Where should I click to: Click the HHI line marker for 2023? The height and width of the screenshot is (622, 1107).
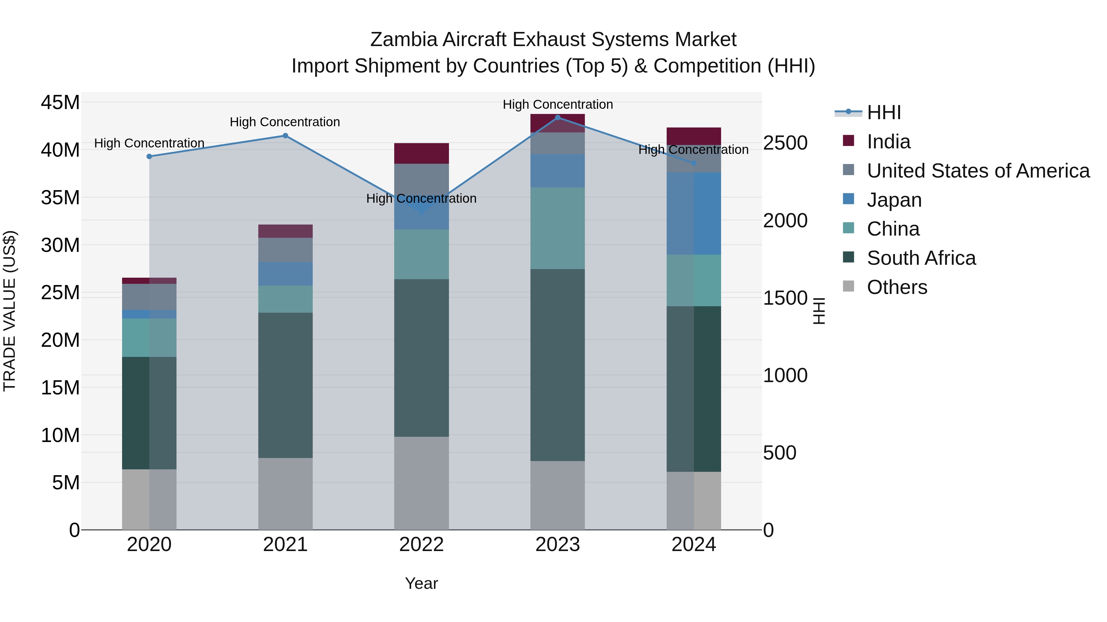(x=557, y=117)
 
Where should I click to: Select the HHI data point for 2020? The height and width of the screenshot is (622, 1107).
(x=149, y=156)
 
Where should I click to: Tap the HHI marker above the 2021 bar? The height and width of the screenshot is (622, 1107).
(x=285, y=136)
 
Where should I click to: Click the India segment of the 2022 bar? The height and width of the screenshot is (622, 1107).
(x=421, y=153)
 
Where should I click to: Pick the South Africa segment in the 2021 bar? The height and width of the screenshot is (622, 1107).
(x=285, y=385)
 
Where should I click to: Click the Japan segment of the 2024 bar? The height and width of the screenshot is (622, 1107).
(x=694, y=213)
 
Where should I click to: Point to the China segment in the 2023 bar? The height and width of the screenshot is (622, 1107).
(x=557, y=228)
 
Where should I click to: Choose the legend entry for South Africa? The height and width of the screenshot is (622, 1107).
(x=921, y=258)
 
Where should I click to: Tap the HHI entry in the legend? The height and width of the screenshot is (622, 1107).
(x=883, y=112)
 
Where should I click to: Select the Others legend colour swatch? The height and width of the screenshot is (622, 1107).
(x=848, y=286)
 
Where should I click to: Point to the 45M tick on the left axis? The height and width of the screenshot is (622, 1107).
(x=60, y=103)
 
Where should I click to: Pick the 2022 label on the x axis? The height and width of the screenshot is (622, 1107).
(x=421, y=545)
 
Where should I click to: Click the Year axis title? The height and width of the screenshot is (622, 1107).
(x=421, y=583)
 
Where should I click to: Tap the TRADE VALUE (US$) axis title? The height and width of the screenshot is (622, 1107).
(x=10, y=311)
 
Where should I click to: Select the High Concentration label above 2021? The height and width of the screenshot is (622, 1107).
(x=285, y=122)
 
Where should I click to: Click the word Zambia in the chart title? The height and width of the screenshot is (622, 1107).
(x=403, y=40)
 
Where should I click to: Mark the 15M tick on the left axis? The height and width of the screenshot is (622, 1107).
(x=60, y=388)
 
